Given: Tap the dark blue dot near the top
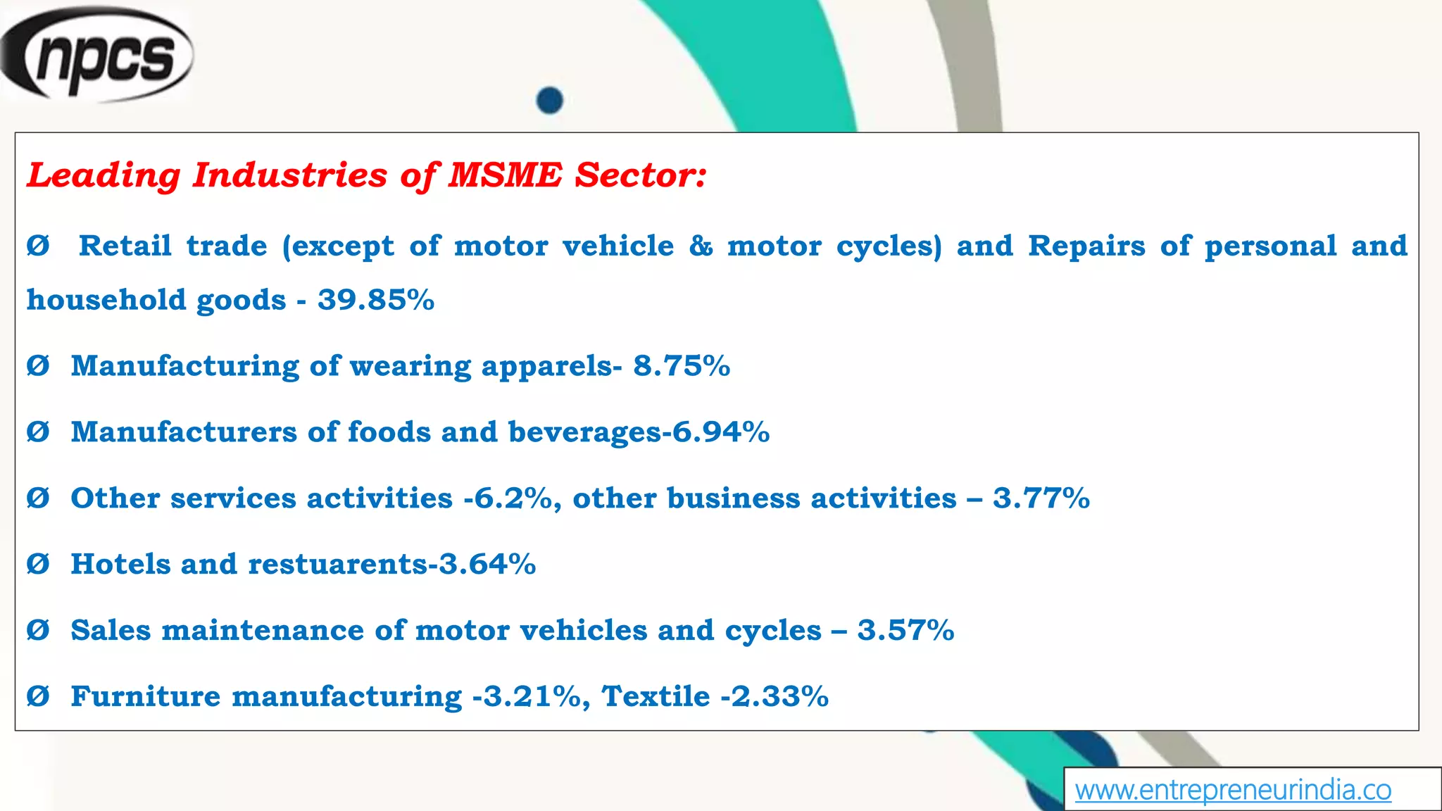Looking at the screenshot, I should coord(549,100).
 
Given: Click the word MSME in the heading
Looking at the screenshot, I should coord(506,175).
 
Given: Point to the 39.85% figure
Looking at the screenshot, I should coord(376,300).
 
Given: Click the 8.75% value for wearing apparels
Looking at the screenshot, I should coord(682,366).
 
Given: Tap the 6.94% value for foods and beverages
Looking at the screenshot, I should coord(721,432).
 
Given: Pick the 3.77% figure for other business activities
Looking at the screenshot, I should coord(1041,498).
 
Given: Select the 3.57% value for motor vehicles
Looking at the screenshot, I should coord(905,630).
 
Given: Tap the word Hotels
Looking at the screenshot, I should coord(120,564).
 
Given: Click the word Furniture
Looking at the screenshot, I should coord(146,696).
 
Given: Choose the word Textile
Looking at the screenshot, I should coord(656,696).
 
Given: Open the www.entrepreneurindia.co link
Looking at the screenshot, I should coord(1233,790).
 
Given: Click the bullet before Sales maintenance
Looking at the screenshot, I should coord(38,630).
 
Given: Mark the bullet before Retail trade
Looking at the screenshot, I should coord(38,246).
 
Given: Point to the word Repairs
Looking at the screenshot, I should coord(1086,246).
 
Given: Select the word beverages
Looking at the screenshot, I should coord(585,432).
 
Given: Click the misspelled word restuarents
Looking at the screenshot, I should coord(338,564).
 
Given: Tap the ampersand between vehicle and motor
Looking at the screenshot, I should coord(701,246).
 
